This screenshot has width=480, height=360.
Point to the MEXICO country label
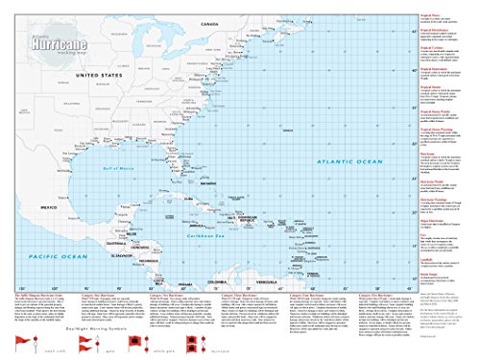47,207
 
